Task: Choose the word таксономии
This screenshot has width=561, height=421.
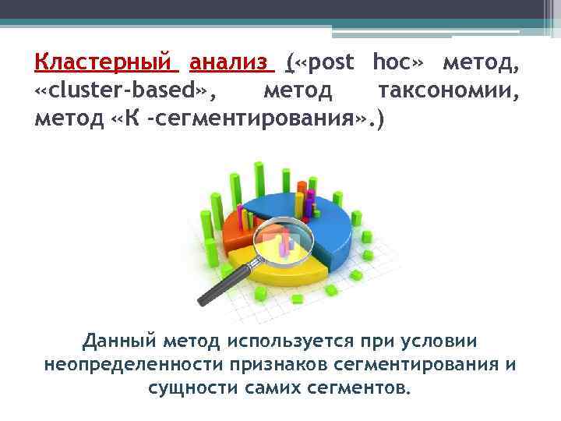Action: point(448,92)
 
